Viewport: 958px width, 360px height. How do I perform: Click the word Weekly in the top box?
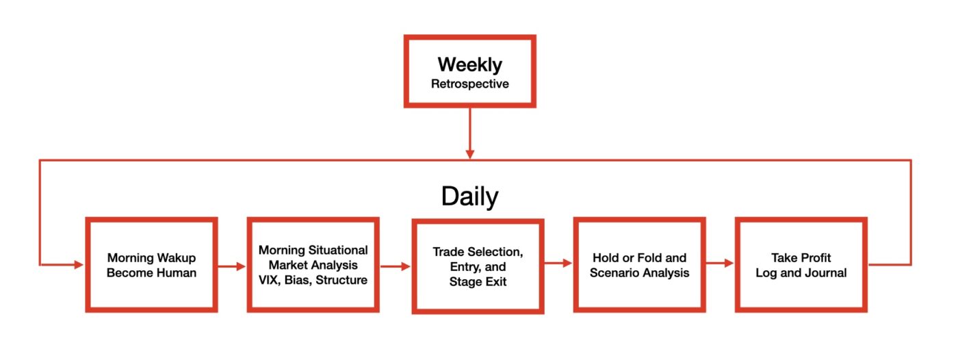[469, 64]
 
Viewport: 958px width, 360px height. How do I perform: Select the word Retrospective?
[469, 83]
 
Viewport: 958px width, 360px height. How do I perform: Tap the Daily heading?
[469, 196]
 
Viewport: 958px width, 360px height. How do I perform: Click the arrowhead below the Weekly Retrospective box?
[469, 154]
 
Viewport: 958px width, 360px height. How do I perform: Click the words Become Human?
[151, 273]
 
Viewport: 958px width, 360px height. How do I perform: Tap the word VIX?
[270, 280]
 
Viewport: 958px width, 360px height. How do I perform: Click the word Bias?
[298, 280]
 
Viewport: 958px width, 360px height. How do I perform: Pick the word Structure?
[341, 280]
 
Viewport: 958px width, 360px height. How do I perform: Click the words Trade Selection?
[478, 252]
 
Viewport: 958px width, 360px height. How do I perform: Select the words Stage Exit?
[478, 282]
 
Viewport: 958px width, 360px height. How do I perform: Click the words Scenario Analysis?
[639, 273]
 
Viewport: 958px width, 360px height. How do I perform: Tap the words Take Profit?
[801, 258]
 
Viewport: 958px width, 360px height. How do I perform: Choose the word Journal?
[825, 273]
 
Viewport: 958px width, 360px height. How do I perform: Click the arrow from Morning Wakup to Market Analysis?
[231, 266]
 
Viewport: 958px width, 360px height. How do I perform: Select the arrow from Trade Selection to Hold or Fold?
[558, 263]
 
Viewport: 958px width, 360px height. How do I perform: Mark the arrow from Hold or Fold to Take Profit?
[720, 263]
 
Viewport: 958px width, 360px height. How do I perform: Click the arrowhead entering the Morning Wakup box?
[79, 265]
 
